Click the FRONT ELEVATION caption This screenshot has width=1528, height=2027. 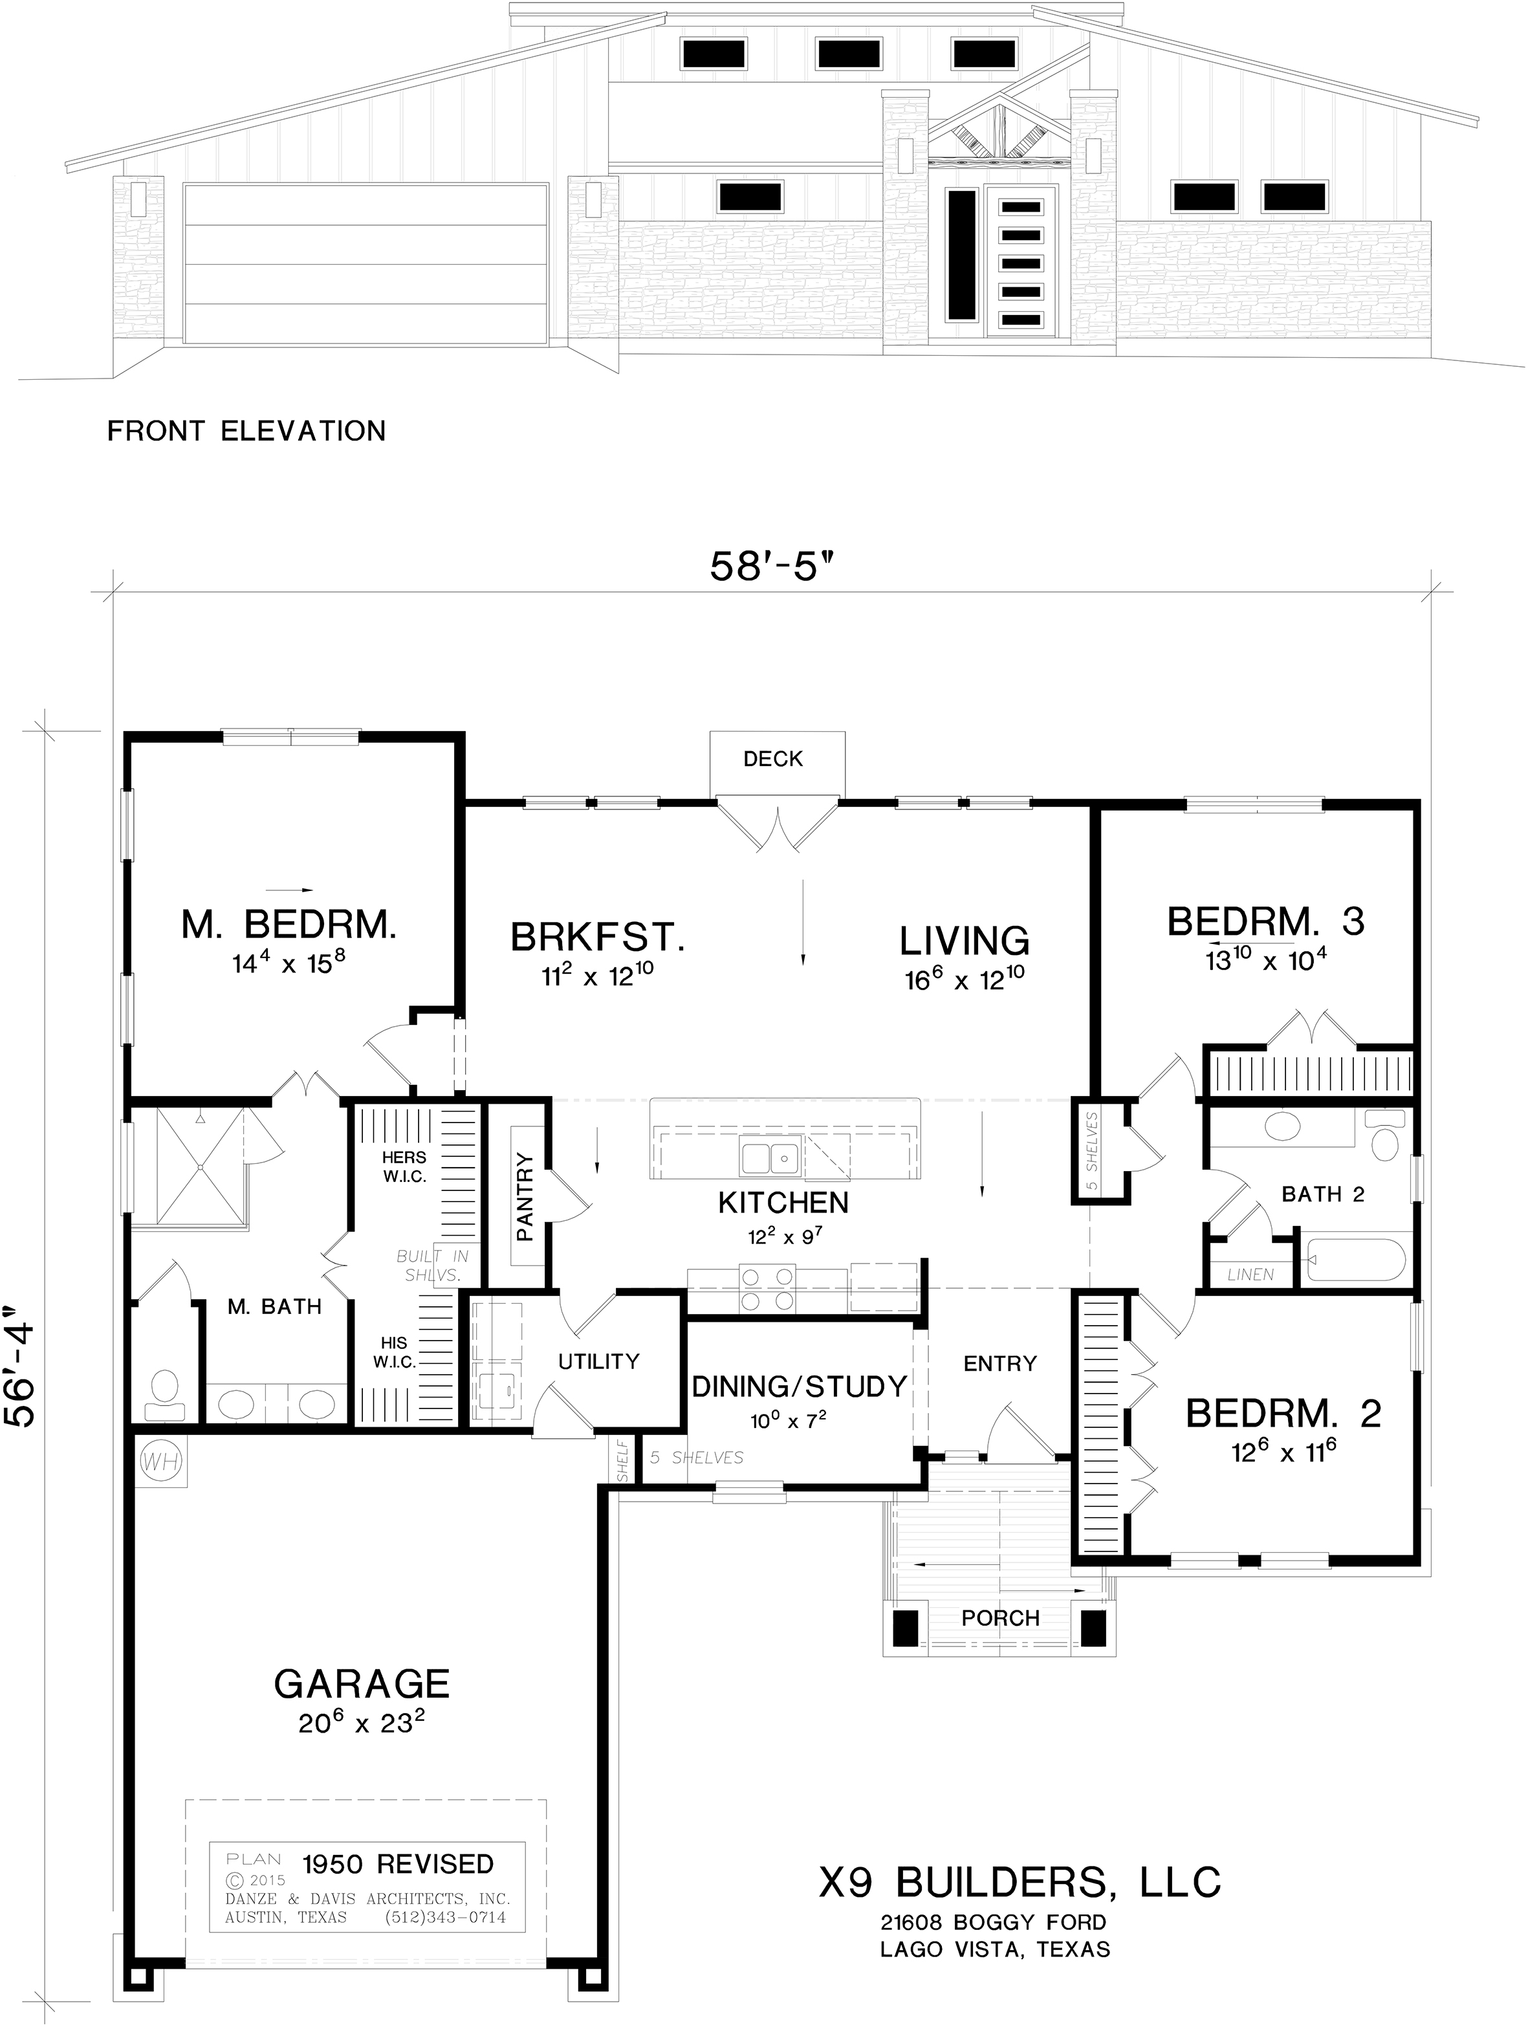[246, 431]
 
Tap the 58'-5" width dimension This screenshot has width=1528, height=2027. [774, 567]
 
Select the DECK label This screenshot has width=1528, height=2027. [773, 759]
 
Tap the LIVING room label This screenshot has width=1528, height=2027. [965, 941]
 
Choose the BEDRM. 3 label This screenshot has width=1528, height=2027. [1265, 921]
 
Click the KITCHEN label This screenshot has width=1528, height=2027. [783, 1202]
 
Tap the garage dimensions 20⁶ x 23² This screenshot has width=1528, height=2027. [362, 1723]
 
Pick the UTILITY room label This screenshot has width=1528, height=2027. [599, 1362]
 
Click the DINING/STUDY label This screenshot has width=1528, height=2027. [799, 1386]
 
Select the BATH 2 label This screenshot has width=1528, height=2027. [1323, 1194]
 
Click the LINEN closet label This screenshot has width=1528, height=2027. [1250, 1275]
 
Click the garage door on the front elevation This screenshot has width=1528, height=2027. [366, 264]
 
